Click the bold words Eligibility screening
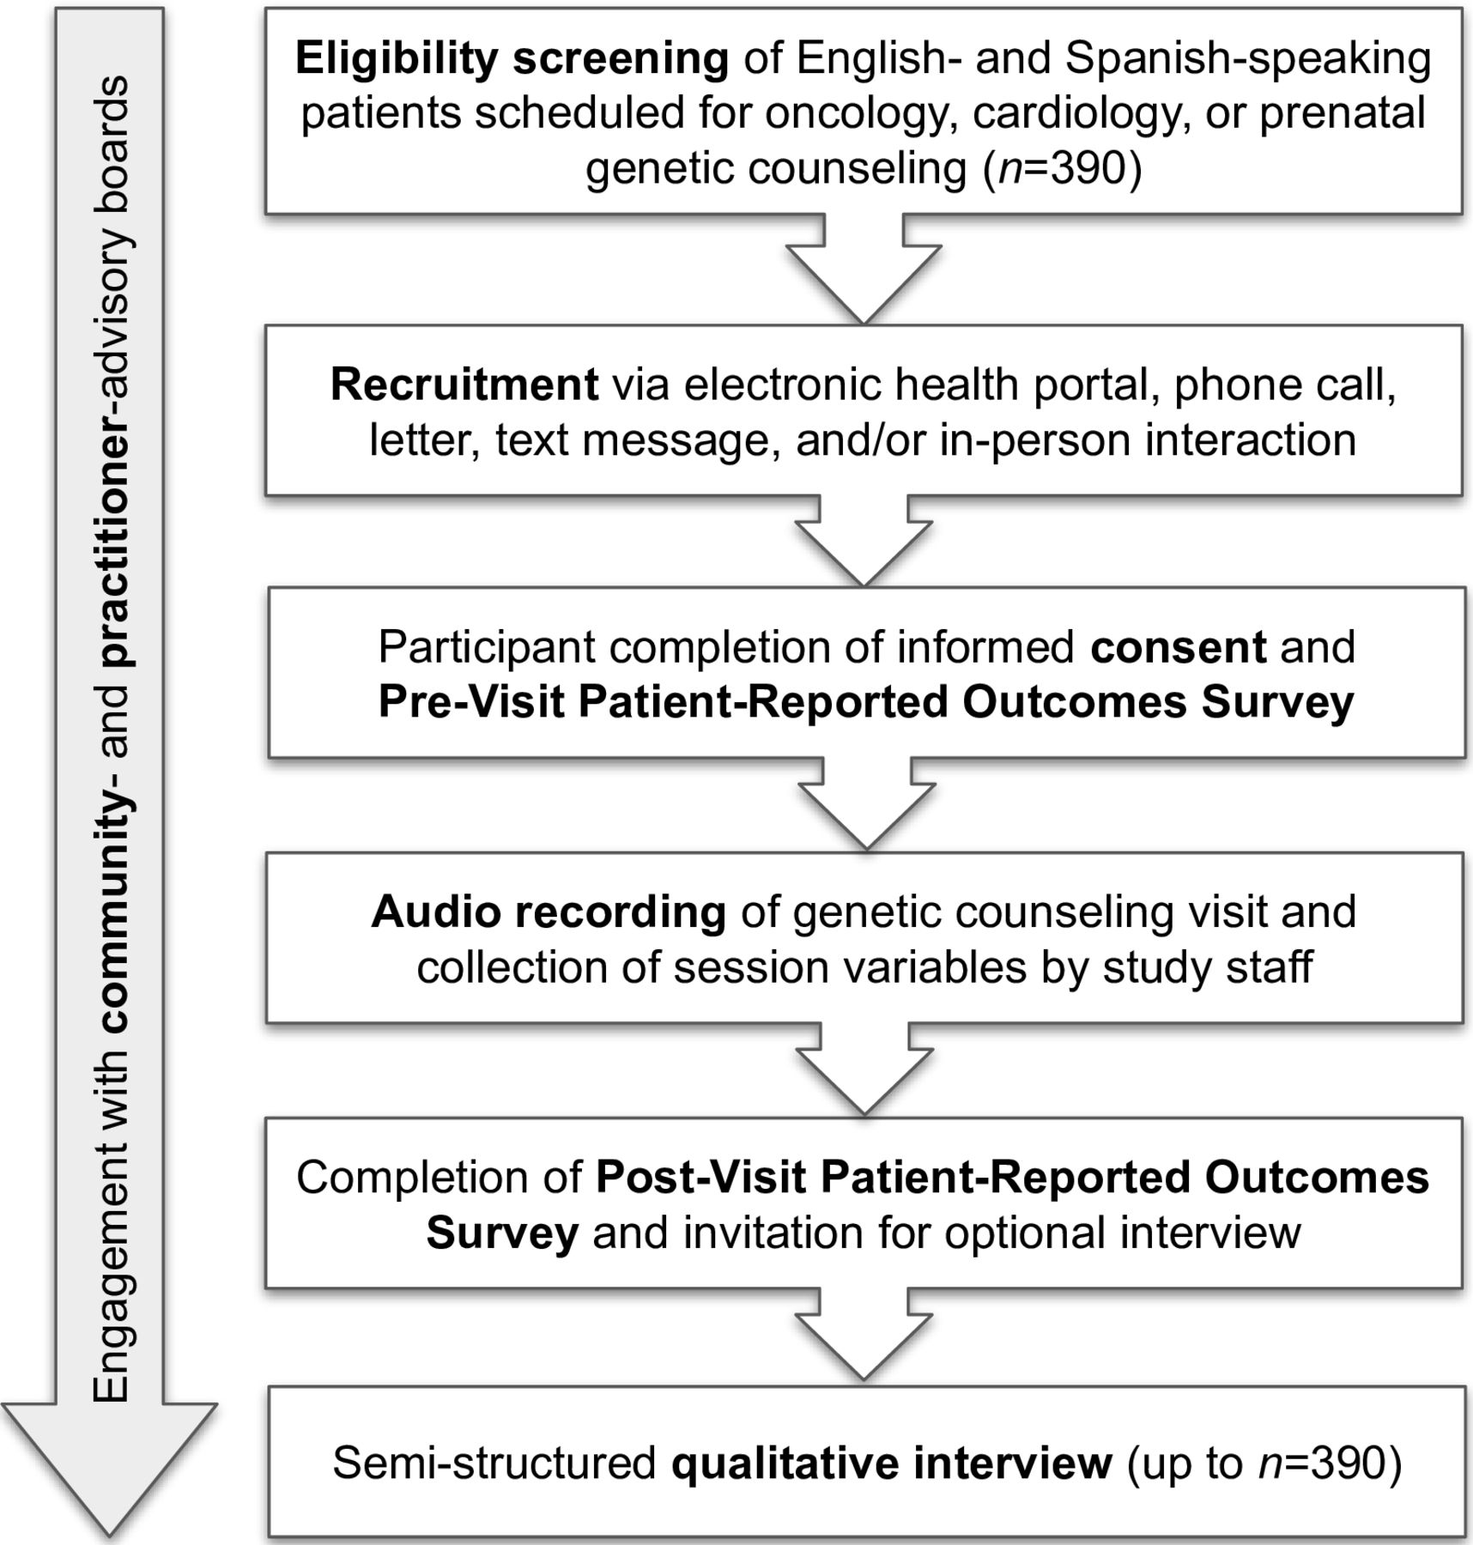coord(512,59)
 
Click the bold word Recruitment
coord(464,384)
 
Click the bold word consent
coord(1179,647)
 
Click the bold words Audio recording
coord(549,912)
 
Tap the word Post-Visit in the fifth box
coord(701,1178)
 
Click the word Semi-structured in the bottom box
coord(494,1463)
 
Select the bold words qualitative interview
coord(892,1463)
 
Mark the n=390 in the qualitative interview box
coord(1322,1463)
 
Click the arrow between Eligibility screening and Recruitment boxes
coord(864,269)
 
